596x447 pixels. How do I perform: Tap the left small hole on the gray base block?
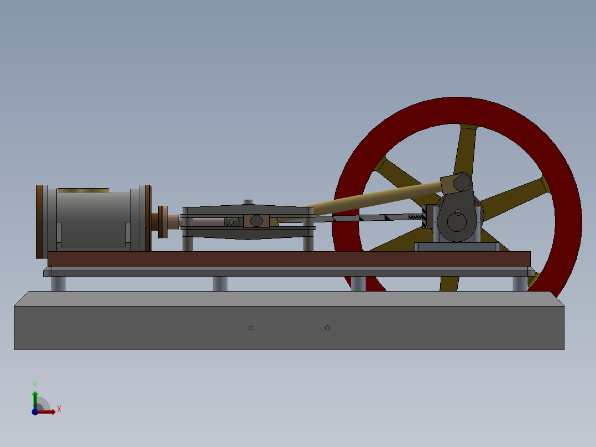click(x=251, y=328)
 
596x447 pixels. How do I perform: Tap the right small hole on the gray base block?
click(x=327, y=328)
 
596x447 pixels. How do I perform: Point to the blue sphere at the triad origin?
click(x=35, y=412)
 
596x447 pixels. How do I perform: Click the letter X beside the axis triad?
click(x=59, y=409)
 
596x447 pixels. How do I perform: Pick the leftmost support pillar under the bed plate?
click(x=58, y=283)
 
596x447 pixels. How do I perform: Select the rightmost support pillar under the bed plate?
click(x=520, y=283)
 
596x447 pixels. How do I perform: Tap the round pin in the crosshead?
click(x=256, y=221)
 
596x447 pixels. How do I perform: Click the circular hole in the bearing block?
click(x=457, y=222)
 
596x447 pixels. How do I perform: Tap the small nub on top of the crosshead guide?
click(x=248, y=202)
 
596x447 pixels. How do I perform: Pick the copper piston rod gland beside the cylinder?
click(x=172, y=221)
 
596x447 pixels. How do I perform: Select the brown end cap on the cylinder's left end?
click(x=39, y=221)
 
